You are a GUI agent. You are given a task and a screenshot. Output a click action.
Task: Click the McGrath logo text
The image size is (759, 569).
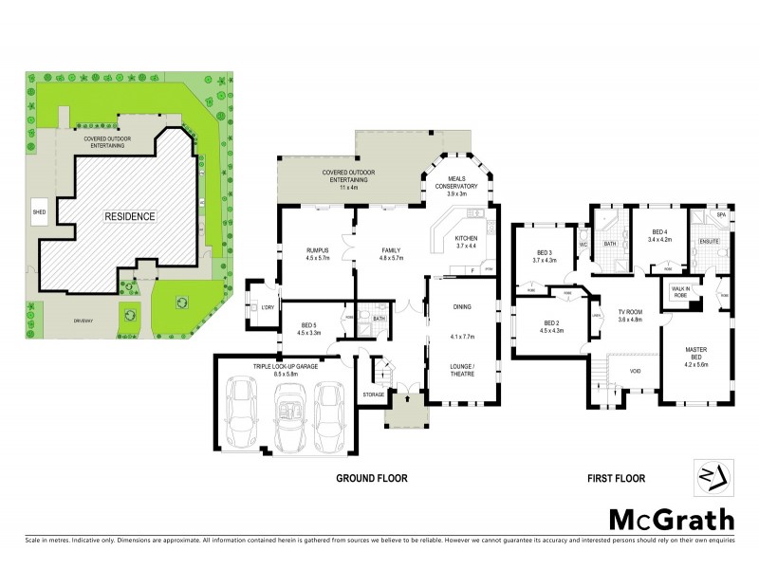671,519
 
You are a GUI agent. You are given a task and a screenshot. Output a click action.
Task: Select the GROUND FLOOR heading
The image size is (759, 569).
372,479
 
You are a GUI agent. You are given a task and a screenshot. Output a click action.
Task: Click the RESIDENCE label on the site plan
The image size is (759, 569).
130,216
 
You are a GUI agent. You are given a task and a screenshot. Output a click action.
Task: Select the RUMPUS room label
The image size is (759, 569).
290,250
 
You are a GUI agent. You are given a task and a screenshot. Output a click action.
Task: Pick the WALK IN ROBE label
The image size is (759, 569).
681,292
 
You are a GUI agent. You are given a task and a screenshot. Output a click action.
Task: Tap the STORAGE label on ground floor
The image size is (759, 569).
373,395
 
